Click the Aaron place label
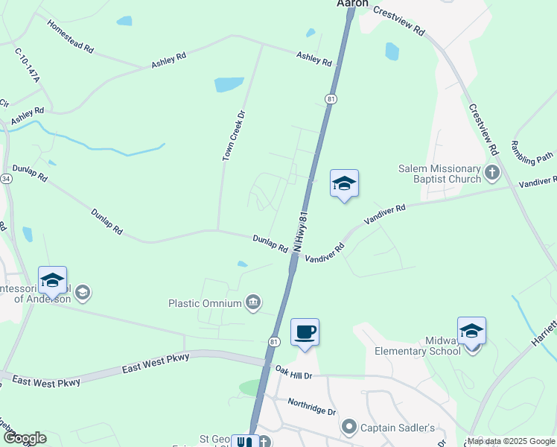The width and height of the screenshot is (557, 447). tap(352, 4)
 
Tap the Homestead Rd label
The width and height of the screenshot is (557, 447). tap(71, 36)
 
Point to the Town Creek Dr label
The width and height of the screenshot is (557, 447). tap(233, 136)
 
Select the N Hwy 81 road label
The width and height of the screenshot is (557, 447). tap(302, 225)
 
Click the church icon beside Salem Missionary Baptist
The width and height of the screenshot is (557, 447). tap(491, 174)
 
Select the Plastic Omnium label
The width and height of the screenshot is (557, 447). tap(205, 303)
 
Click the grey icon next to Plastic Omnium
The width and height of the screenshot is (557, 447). tap(253, 302)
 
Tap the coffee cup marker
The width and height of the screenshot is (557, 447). tap(305, 332)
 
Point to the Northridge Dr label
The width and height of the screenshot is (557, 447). tap(311, 406)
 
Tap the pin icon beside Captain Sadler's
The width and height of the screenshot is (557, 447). tap(348, 427)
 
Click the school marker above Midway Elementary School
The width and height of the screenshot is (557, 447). tap(471, 331)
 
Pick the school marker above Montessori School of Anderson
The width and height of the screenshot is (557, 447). tap(52, 280)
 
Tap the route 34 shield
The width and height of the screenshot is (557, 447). tap(6, 180)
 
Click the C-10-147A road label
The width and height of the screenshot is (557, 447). tap(27, 66)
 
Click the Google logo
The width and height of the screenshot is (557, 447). tap(24, 438)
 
